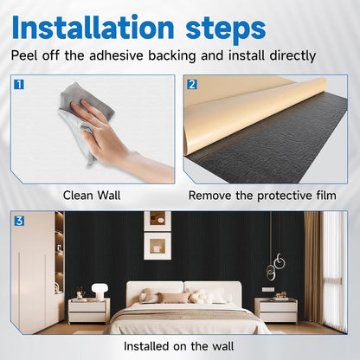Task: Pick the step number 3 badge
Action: pos(19,220)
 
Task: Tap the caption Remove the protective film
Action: pos(262,196)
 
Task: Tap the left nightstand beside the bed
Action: pos(88,309)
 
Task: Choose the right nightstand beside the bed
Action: pos(275,309)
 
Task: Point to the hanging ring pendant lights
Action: pos(278,260)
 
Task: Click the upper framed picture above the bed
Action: pos(157,220)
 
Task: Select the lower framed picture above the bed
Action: pos(157,247)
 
